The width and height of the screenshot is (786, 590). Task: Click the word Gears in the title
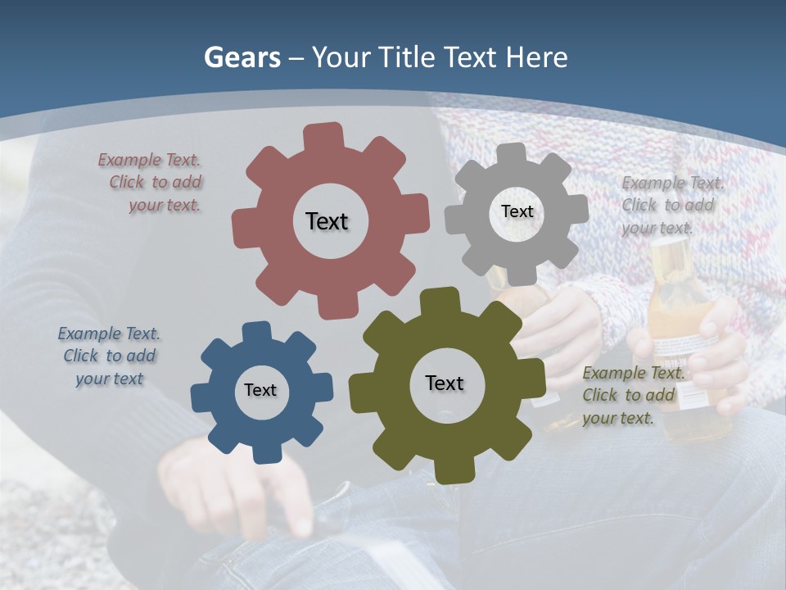[242, 57]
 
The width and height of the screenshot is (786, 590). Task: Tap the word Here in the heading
[536, 57]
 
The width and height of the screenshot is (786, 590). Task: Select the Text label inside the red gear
[327, 221]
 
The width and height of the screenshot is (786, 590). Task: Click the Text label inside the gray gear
[517, 211]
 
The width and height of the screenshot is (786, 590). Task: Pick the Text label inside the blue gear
[260, 390]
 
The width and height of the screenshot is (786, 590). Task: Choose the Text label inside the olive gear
[445, 383]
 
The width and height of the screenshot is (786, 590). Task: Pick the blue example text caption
[109, 356]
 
